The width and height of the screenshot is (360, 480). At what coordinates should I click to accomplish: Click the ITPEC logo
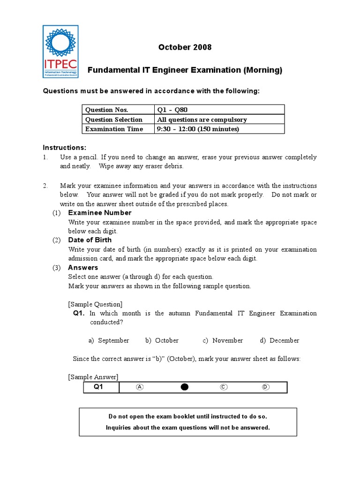click(x=61, y=51)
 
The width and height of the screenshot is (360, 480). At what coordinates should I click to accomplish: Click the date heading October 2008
click(x=185, y=47)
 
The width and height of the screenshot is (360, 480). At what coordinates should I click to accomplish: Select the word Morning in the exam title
click(x=262, y=70)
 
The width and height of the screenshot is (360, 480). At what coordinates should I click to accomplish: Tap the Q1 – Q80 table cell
click(x=172, y=110)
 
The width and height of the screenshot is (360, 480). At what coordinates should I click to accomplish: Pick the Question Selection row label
click(x=113, y=120)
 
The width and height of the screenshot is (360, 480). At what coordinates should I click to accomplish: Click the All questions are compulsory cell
click(x=202, y=120)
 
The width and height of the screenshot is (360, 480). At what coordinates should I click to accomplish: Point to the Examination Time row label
click(x=114, y=129)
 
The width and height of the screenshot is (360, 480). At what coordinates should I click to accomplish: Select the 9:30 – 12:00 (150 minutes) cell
click(x=197, y=129)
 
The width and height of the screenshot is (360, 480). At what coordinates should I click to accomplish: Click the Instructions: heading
click(x=65, y=148)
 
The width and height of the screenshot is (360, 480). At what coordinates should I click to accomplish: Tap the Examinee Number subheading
click(x=99, y=213)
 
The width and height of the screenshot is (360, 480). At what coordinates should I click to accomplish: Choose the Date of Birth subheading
click(x=90, y=240)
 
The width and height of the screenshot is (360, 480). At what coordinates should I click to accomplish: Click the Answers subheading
click(x=83, y=268)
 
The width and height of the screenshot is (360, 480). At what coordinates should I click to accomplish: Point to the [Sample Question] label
click(x=95, y=304)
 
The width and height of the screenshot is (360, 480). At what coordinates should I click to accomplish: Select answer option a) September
click(x=109, y=340)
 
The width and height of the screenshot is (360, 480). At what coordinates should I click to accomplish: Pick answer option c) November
click(x=223, y=340)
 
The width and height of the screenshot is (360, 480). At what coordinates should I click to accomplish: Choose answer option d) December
click(x=280, y=340)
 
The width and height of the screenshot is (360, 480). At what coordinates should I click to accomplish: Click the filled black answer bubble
click(x=185, y=387)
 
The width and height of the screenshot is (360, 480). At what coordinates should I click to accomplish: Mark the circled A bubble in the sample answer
click(x=140, y=387)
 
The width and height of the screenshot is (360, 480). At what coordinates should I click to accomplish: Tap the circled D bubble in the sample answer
click(x=266, y=387)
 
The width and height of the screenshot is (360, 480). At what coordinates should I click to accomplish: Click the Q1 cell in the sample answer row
click(x=99, y=387)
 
